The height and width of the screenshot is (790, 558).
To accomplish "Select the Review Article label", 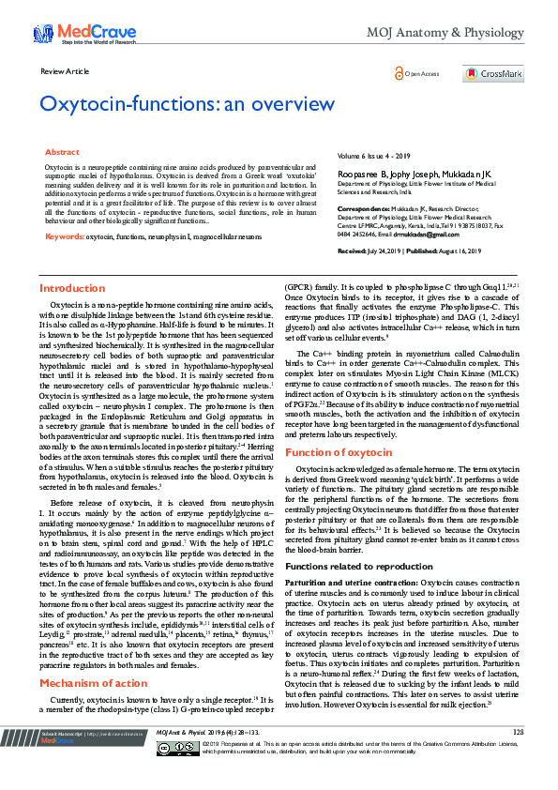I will pyautogui.click(x=66, y=71).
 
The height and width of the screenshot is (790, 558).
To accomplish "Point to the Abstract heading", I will pyautogui.click(x=63, y=151).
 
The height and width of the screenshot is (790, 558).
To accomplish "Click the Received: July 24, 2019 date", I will pyautogui.click(x=378, y=251).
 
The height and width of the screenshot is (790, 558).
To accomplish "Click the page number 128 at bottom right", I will pyautogui.click(x=518, y=757).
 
